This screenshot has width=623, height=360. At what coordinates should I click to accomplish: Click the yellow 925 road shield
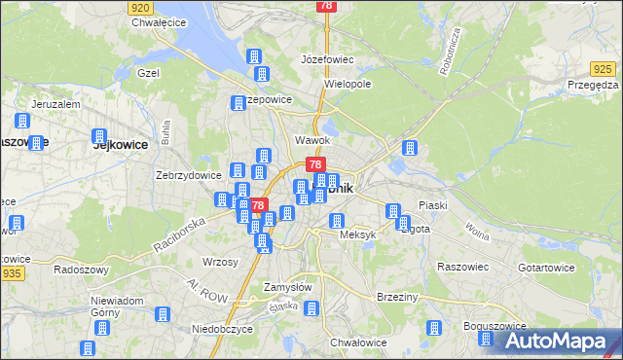pyautogui.click(x=603, y=68)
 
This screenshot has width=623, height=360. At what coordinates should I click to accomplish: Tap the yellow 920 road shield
pyautogui.click(x=139, y=6)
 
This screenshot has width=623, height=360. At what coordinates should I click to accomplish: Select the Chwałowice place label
pyautogui.click(x=359, y=342)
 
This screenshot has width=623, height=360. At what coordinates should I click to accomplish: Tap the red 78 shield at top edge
pyautogui.click(x=325, y=6)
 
